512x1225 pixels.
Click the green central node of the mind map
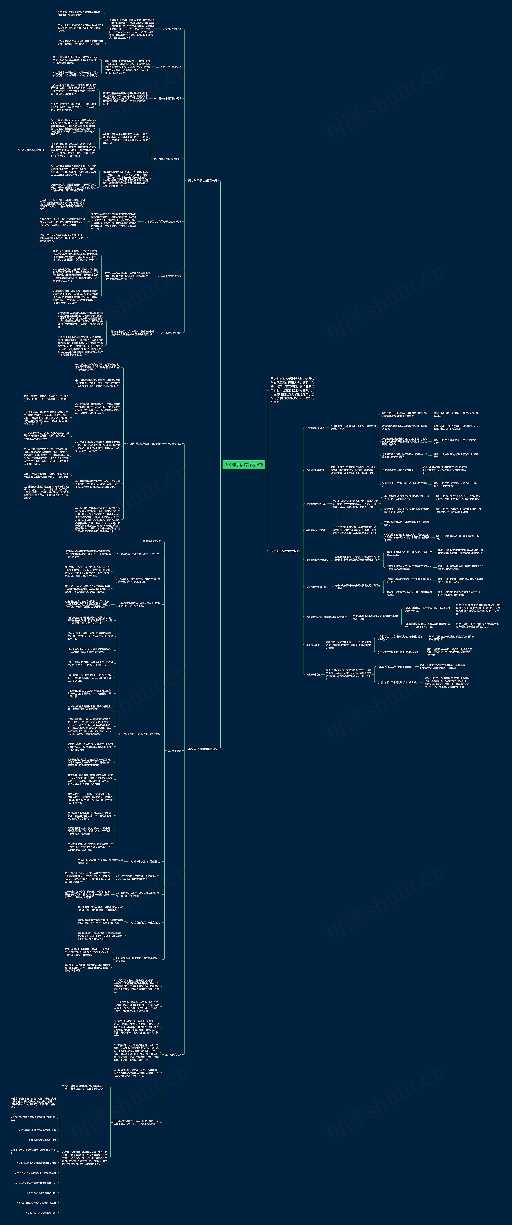pos(244,465)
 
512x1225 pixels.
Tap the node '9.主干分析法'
pos(313,674)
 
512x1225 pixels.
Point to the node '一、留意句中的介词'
pos(171,29)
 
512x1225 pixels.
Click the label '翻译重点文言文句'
pos(152,541)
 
